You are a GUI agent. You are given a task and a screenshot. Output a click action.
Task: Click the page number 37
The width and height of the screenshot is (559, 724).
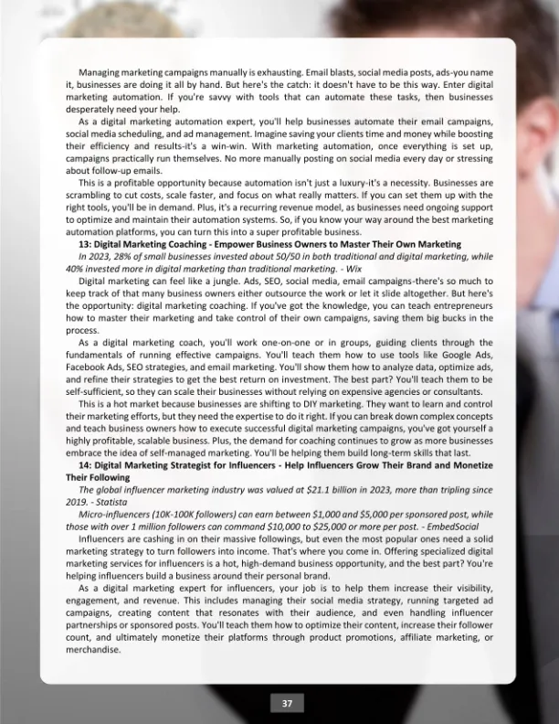pyautogui.click(x=287, y=703)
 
